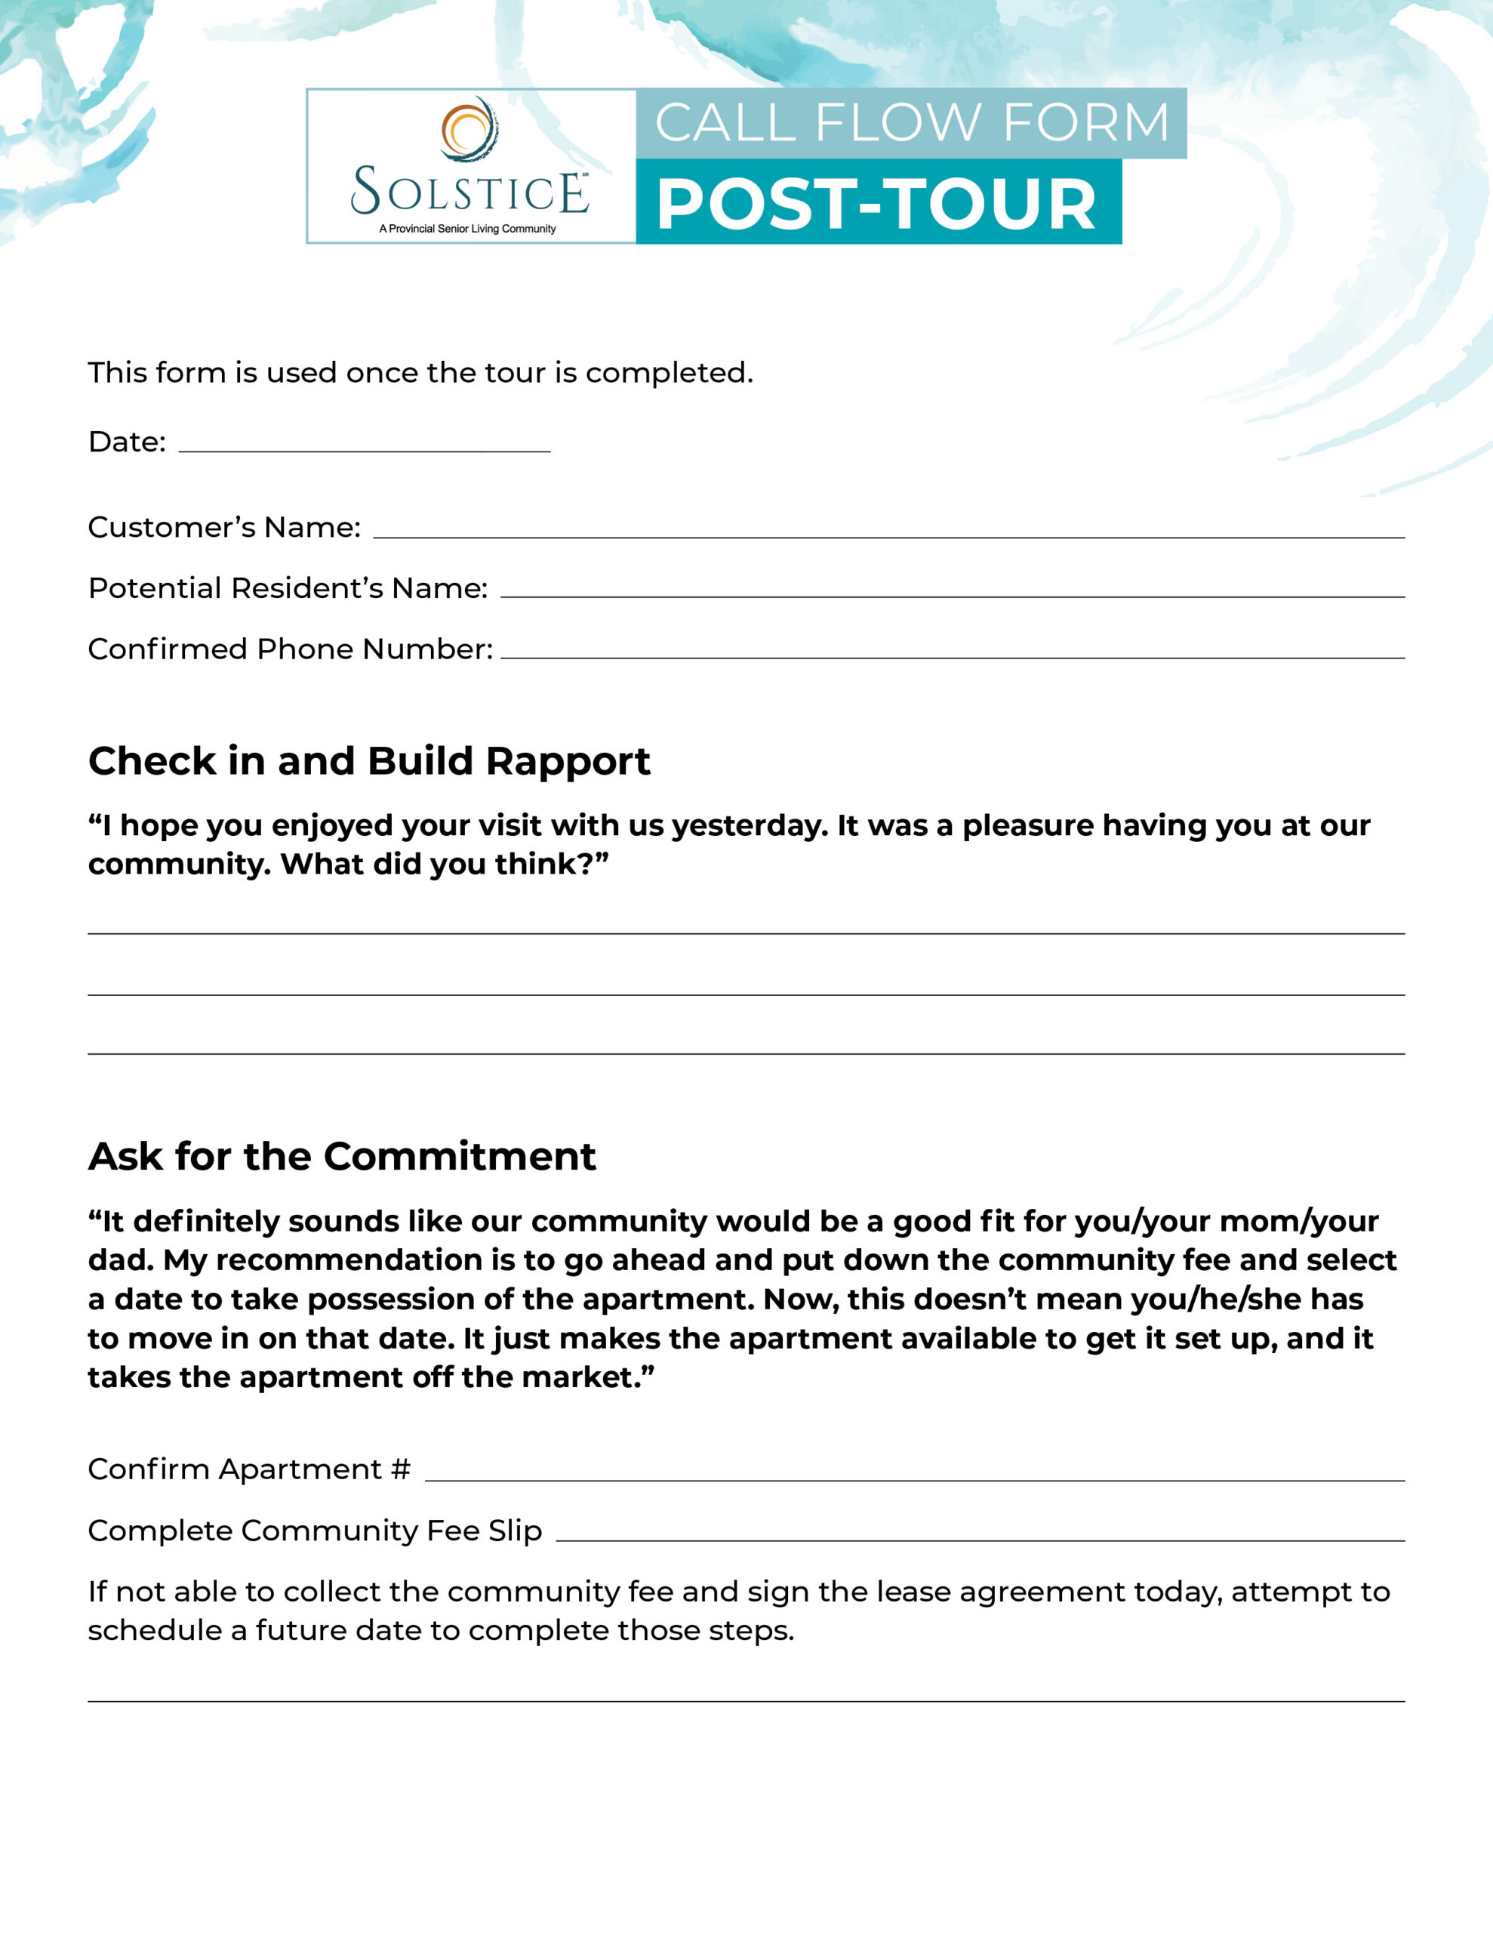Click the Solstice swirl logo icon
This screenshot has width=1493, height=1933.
point(469,129)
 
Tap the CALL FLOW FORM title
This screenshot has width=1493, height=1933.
point(912,122)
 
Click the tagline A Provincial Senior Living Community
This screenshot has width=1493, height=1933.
point(467,228)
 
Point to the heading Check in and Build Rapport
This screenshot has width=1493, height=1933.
point(369,761)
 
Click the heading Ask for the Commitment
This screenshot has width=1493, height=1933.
point(342,1157)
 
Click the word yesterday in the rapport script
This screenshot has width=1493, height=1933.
point(750,826)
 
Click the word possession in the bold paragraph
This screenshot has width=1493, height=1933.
point(409,1299)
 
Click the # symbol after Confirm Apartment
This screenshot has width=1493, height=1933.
point(401,1470)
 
